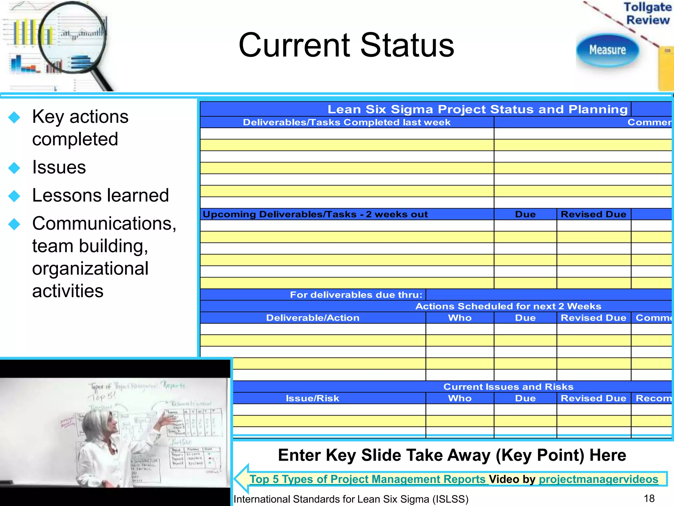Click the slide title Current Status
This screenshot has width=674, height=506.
pyautogui.click(x=346, y=45)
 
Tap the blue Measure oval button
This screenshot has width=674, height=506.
pyautogui.click(x=607, y=50)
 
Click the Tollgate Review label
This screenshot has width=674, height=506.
pyautogui.click(x=647, y=14)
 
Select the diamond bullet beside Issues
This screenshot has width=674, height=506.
pyautogui.click(x=14, y=168)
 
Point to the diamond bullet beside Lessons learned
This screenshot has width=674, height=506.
pyautogui.click(x=14, y=196)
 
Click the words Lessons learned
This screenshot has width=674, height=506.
pyautogui.click(x=100, y=195)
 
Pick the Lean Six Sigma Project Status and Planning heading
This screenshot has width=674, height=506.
pyautogui.click(x=478, y=109)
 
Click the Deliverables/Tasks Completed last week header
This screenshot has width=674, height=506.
pyautogui.click(x=347, y=122)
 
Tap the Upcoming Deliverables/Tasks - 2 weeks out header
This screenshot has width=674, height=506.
pyautogui.click(x=315, y=214)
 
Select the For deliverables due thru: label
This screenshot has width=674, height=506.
pyautogui.click(x=356, y=295)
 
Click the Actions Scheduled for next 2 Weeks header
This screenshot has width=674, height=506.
pyautogui.click(x=508, y=306)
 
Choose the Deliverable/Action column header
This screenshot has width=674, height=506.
pyautogui.click(x=313, y=318)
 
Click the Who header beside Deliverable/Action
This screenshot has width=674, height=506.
pyautogui.click(x=460, y=318)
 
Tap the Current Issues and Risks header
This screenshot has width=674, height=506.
pyautogui.click(x=508, y=386)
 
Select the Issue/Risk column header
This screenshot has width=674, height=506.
pyautogui.click(x=312, y=398)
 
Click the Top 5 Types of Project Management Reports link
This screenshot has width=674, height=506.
pyautogui.click(x=367, y=479)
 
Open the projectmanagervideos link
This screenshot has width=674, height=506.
pyautogui.click(x=598, y=479)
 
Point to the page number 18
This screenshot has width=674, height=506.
pyautogui.click(x=649, y=498)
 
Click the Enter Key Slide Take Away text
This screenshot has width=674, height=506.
pyautogui.click(x=452, y=455)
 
